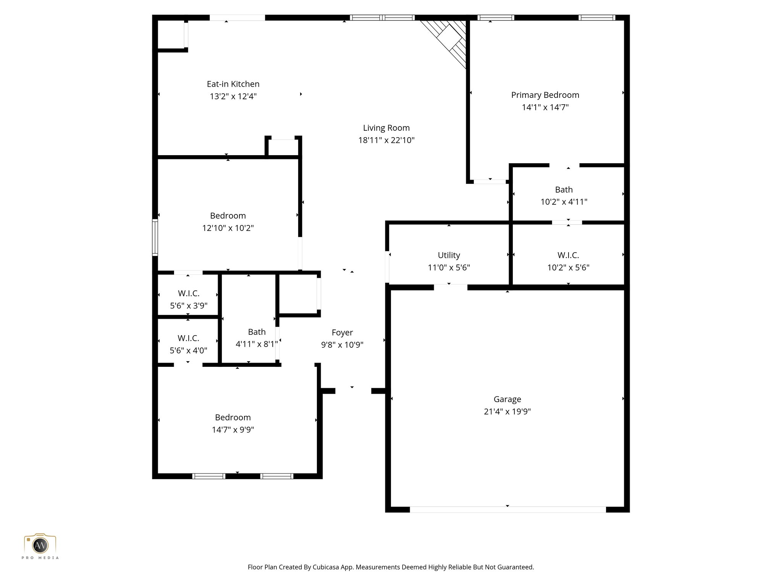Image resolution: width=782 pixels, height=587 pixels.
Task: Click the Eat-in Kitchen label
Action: point(233,84)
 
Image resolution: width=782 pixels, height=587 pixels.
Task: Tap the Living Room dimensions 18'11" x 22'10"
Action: point(386,140)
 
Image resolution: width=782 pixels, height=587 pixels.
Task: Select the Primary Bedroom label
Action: point(545,95)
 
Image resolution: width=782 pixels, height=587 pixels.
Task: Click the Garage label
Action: point(507,399)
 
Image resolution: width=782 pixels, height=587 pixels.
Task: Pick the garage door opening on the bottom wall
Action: point(507,509)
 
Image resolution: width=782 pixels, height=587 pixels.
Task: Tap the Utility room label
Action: point(449,255)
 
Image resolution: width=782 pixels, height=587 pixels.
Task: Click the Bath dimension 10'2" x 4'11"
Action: point(564,202)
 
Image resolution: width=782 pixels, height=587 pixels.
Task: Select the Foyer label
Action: point(342,332)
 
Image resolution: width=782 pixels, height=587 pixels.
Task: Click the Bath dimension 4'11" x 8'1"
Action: point(256,344)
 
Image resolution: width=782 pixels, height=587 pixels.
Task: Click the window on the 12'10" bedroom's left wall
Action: point(155,237)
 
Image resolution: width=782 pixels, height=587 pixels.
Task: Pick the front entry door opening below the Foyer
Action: point(353,391)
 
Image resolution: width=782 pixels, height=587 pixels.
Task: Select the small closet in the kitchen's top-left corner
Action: point(171,34)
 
